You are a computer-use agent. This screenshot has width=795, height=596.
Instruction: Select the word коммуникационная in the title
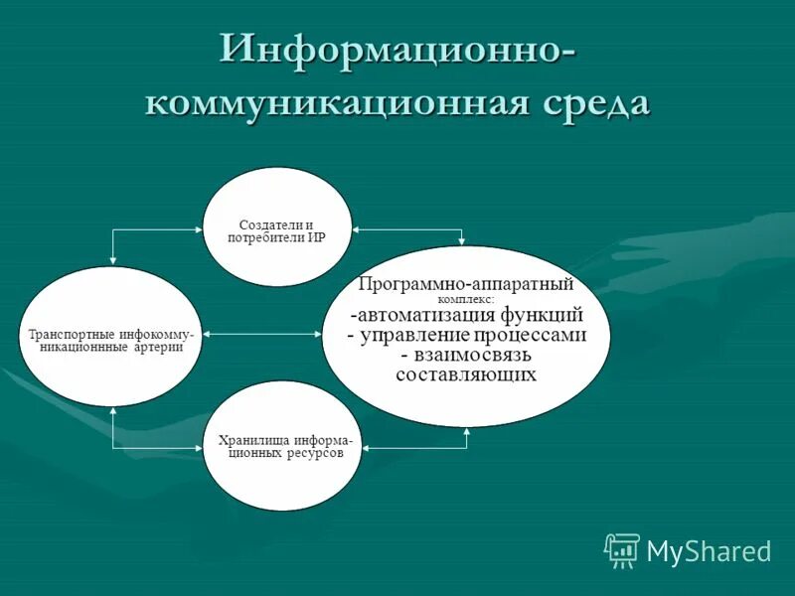tap(328, 103)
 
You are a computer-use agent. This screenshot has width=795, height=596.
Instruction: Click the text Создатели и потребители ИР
tap(283, 231)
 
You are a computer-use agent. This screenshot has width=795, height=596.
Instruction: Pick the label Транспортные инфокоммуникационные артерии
tap(111, 341)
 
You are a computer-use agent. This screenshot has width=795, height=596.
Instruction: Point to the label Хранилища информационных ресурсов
tap(282, 446)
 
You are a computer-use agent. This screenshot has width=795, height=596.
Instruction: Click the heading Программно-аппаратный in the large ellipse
tap(466, 284)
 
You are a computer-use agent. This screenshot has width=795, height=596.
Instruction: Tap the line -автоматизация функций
tap(466, 315)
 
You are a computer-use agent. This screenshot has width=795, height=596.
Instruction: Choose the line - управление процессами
tap(466, 335)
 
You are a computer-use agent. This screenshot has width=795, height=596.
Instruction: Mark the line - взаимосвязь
tap(466, 355)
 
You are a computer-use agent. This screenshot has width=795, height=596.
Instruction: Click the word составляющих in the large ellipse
tap(466, 374)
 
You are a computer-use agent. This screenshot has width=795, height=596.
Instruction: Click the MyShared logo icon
tap(622, 549)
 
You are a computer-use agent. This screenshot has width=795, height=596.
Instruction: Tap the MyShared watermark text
tap(709, 550)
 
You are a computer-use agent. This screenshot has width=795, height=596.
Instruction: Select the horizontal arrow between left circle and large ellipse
tap(262, 334)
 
